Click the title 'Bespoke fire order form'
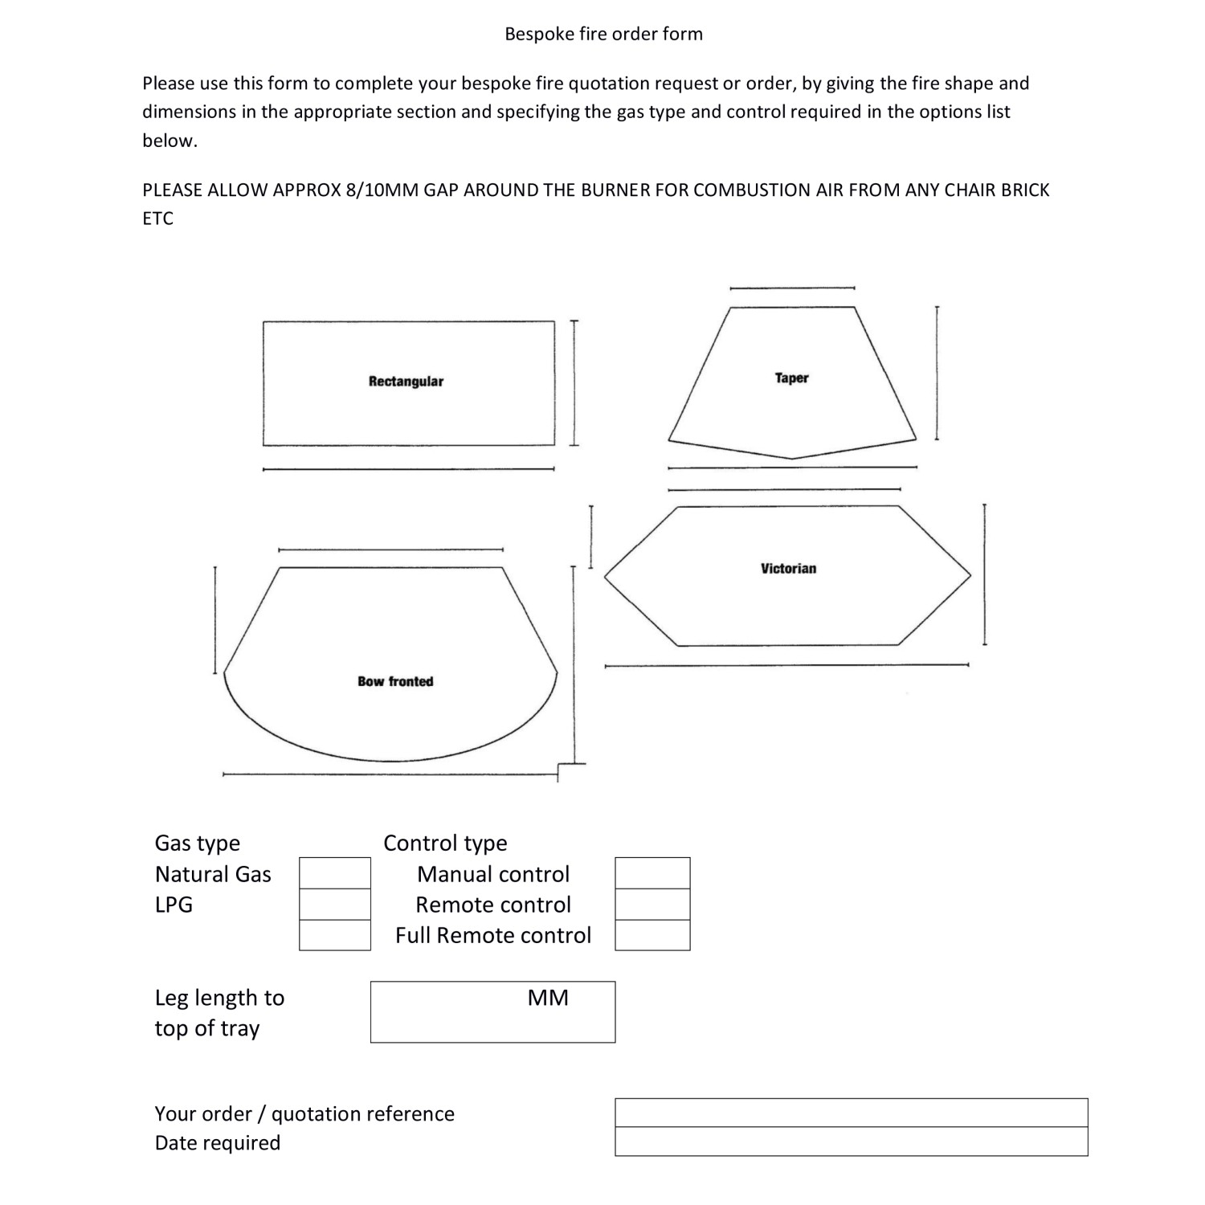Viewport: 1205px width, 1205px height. pos(603,34)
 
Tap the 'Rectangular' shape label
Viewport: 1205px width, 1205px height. pos(406,382)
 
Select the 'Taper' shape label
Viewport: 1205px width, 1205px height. pos(791,378)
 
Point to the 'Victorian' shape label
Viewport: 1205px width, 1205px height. pos(788,569)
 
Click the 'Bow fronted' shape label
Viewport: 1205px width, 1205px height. pos(395,681)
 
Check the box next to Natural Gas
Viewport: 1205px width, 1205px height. pos(335,873)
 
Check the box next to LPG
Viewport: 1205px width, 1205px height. pos(335,905)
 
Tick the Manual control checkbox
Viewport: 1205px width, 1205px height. pos(652,873)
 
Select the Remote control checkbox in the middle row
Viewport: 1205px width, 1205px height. pos(652,905)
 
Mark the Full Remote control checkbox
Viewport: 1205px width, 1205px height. pos(652,935)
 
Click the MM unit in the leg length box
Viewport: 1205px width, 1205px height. pos(548,998)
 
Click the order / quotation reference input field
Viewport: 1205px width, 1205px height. pos(851,1113)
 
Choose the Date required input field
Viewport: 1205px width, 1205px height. pos(851,1142)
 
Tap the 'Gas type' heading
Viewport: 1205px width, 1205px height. pos(198,843)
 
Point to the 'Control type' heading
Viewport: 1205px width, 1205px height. pos(445,843)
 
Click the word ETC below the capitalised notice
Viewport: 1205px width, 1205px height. pos(157,219)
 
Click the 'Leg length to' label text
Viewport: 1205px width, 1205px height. pos(219,998)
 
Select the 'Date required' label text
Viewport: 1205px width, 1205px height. pos(218,1142)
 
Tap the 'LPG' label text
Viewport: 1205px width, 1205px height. pos(174,905)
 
